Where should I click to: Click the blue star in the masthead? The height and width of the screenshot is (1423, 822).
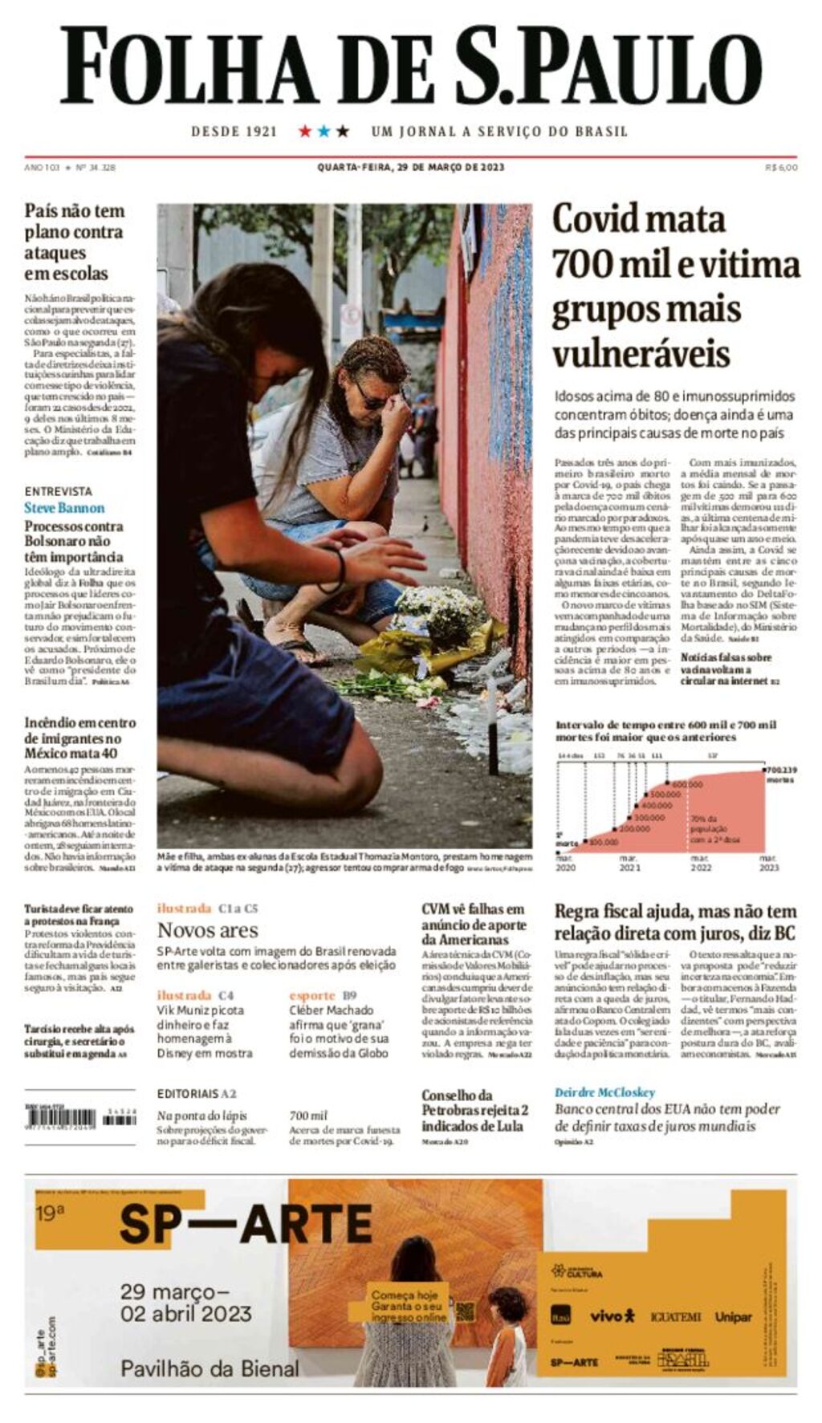[324, 131]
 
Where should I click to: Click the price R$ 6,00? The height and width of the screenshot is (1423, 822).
[781, 167]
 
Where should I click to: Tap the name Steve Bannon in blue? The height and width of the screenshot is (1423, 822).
[64, 508]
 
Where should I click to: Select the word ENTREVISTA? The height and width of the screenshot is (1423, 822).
[58, 491]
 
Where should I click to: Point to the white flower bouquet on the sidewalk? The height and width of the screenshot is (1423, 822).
[437, 610]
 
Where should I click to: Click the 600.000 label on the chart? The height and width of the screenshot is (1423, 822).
[686, 784]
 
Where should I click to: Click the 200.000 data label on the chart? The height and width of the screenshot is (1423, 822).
[634, 828]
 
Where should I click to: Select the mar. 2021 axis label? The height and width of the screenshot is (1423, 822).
[629, 863]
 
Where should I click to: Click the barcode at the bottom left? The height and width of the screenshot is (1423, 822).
[70, 1117]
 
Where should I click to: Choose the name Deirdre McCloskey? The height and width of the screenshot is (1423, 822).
[604, 1092]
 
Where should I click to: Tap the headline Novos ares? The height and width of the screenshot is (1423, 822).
[207, 930]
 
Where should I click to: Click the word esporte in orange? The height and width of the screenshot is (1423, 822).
[311, 995]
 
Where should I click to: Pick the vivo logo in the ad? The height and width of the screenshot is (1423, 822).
[612, 1316]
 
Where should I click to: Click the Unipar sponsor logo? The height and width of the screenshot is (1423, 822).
[734, 1317]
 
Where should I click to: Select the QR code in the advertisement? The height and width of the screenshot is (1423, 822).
[464, 1313]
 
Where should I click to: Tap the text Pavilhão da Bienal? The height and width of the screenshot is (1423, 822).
[210, 1368]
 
